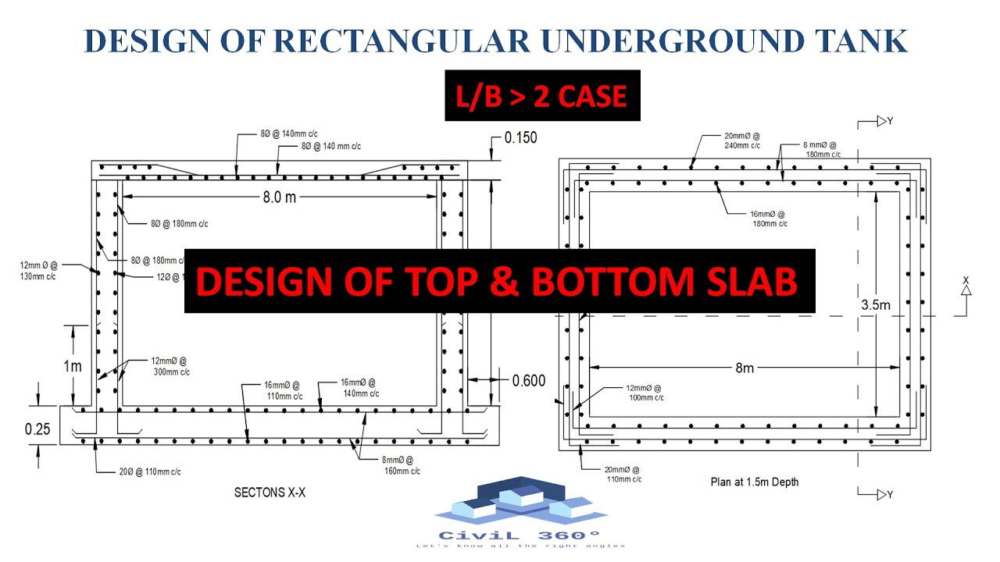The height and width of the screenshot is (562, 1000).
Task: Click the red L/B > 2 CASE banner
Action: coord(542,96)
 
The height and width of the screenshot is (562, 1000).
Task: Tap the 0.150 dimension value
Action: coord(521,138)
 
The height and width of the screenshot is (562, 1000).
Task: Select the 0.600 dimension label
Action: coord(529,381)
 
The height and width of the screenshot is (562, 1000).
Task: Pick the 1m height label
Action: coord(73,365)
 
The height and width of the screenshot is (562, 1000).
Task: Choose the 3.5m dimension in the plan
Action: coord(874,304)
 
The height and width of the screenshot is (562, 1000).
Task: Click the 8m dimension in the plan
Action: coord(745,367)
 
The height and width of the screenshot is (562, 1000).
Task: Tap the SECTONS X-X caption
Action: coord(270,493)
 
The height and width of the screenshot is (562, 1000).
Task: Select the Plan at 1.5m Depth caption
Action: coord(755,482)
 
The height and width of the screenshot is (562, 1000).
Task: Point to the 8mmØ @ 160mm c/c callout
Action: coord(402,466)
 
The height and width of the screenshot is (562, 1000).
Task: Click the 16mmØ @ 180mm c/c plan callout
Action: coord(767,219)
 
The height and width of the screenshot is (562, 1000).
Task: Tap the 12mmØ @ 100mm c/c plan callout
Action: coord(645,393)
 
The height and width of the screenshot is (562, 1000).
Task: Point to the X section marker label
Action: coord(966,280)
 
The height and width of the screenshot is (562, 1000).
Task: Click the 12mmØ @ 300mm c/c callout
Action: coord(170,366)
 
